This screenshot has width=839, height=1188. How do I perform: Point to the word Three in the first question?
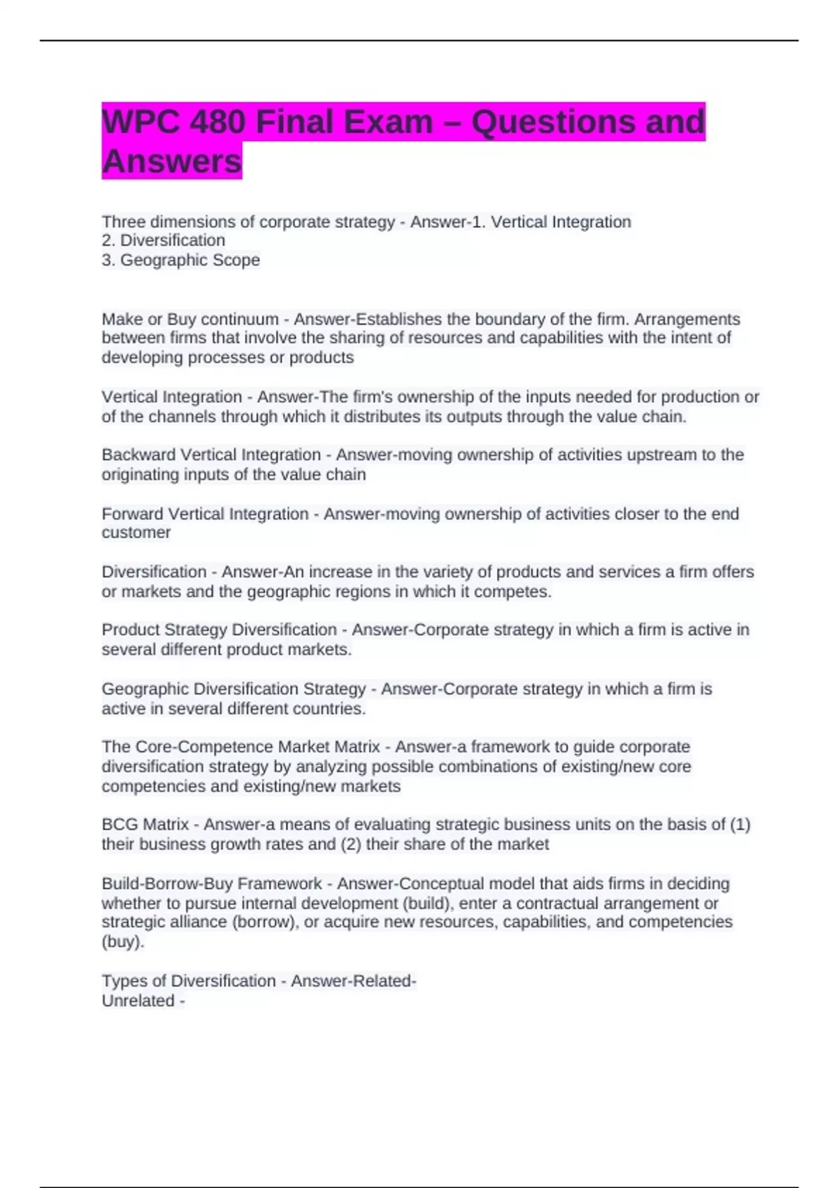[x=124, y=222]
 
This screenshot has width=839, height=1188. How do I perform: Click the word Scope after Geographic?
[x=238, y=260]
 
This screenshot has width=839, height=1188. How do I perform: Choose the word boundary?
[x=510, y=319]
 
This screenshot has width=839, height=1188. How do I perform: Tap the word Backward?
[x=138, y=455]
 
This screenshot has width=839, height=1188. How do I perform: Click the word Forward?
[x=133, y=514]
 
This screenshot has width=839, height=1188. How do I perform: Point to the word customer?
[x=136, y=533]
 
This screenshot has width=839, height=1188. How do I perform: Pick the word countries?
[x=331, y=709]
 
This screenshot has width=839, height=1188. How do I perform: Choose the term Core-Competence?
[x=203, y=747]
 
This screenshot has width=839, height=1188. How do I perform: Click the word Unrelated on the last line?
[x=138, y=1001]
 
